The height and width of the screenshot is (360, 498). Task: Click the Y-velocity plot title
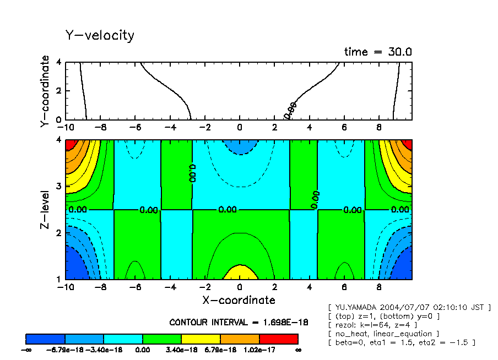[100, 36]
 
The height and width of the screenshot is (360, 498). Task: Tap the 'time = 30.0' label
[378, 52]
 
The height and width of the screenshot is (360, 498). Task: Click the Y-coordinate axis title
[45, 92]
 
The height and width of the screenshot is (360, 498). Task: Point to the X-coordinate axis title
[239, 300]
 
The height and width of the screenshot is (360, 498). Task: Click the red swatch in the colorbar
[278, 338]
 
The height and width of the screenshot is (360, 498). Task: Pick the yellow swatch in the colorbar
[201, 338]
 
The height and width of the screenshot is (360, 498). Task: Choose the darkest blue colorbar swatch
[46, 338]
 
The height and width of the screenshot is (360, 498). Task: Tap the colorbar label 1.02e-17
[259, 350]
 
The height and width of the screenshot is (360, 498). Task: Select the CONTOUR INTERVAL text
[239, 322]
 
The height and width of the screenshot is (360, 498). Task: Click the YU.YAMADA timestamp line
[408, 307]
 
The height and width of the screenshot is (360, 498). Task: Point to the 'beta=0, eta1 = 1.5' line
[401, 342]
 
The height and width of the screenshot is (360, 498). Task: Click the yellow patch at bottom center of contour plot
[239, 272]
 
